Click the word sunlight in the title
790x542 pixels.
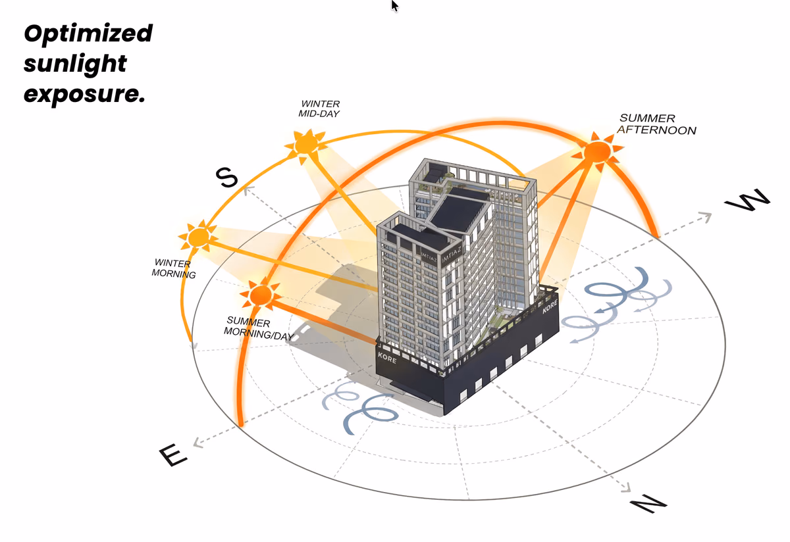coord(75,64)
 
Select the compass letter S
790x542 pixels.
coord(226,177)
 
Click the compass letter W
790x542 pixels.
coord(747,200)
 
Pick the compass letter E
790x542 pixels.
coord(172,455)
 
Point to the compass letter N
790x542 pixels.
coord(648,504)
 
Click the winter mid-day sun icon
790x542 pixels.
coord(305,145)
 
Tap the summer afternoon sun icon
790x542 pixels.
coord(596,152)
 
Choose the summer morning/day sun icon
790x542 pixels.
coord(261,295)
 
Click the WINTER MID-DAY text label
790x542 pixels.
coord(319,109)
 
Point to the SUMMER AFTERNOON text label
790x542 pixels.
coord(656,124)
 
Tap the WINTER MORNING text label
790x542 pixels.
coord(174,268)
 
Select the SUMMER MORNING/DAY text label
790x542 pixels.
coord(259,328)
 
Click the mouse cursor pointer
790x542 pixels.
coord(394,6)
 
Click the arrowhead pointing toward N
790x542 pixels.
coord(626,488)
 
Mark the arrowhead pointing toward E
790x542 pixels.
coord(198,443)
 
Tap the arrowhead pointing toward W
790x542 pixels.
coord(706,217)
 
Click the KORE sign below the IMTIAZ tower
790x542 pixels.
coord(387,358)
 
